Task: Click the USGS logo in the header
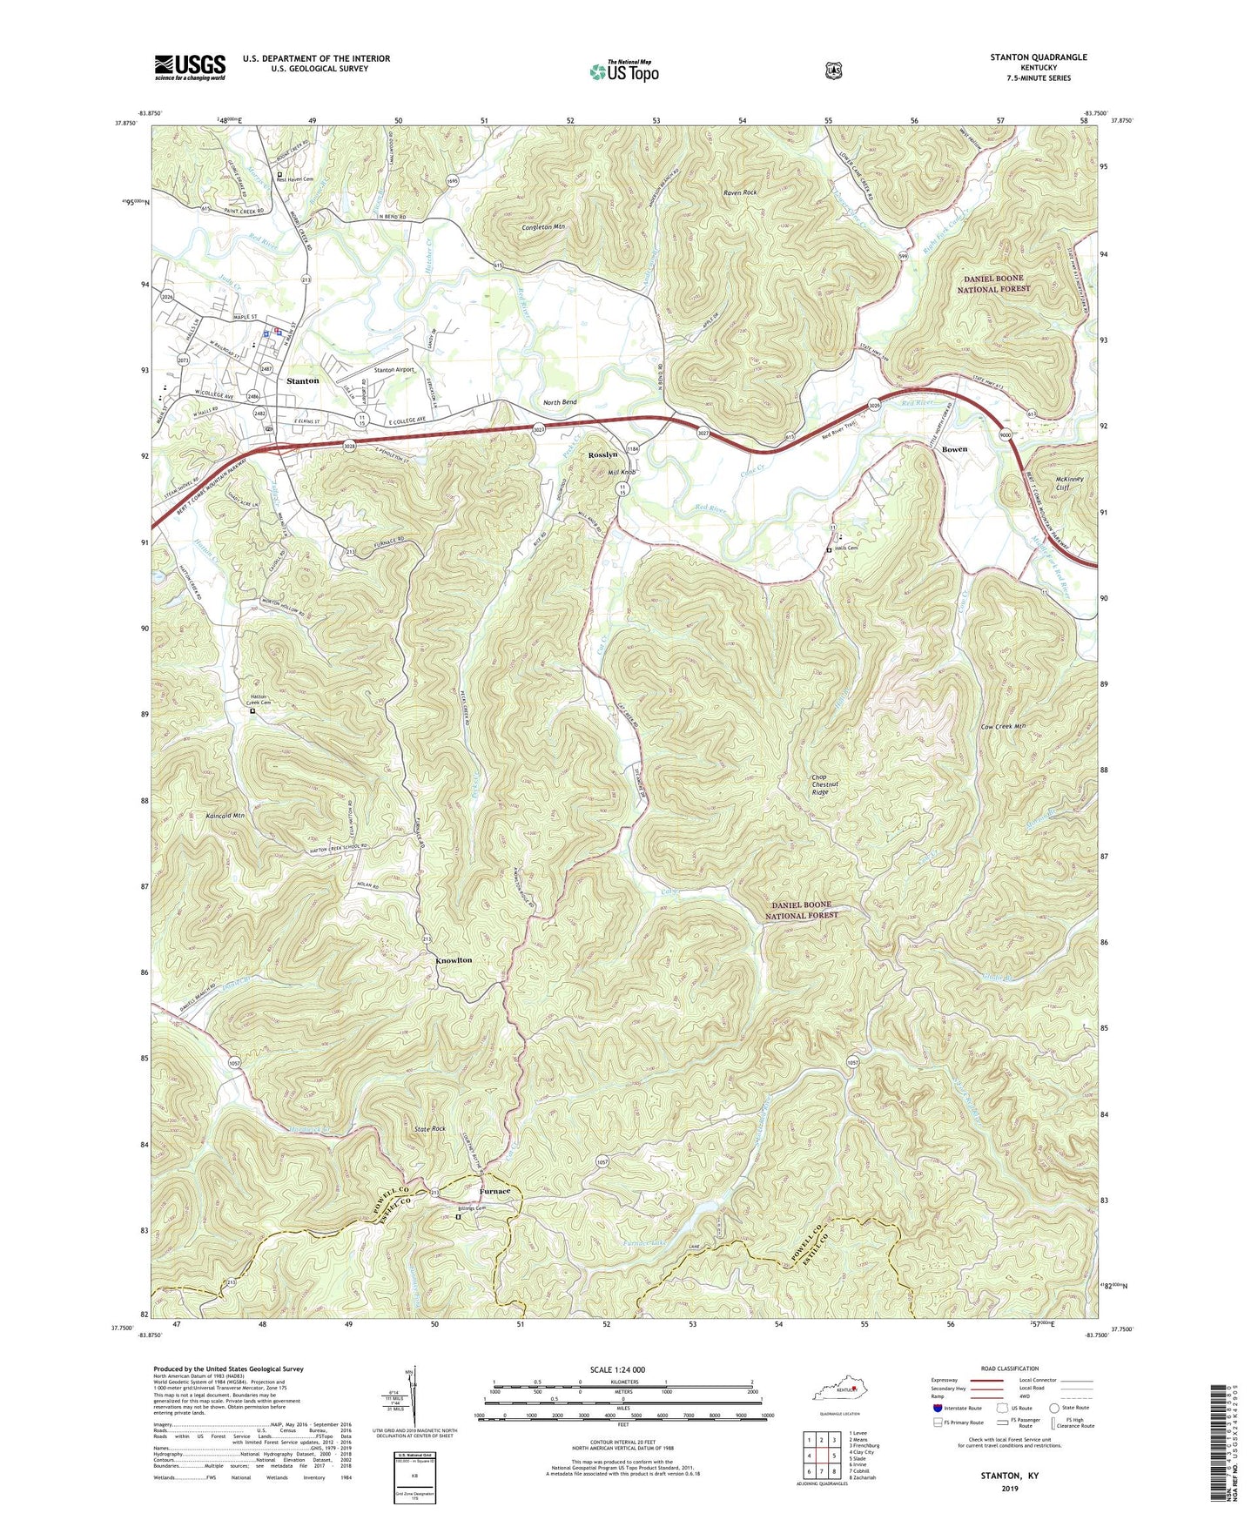[190, 67]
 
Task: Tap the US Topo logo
[624, 71]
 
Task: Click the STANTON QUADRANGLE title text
[1038, 57]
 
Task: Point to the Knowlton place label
[454, 960]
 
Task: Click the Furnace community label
[494, 1191]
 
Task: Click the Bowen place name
[954, 449]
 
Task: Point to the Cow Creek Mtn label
[1003, 727]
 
